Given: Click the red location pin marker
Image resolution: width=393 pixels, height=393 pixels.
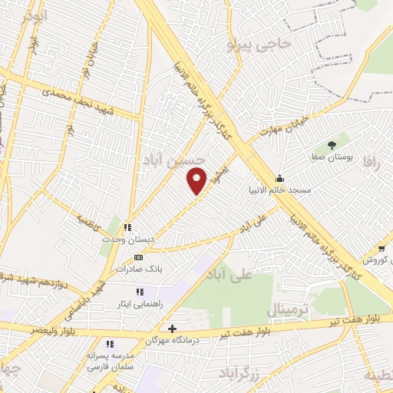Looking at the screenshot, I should pyautogui.click(x=197, y=180).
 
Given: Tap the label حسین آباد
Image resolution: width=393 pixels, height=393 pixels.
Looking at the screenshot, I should pyautogui.click(x=173, y=159).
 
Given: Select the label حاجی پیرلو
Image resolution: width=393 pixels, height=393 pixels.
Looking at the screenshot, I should pyautogui.click(x=260, y=45).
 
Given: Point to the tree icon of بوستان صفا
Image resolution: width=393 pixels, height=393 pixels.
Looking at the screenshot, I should pyautogui.click(x=332, y=144).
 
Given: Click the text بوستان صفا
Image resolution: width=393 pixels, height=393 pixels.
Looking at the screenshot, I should pyautogui.click(x=332, y=157).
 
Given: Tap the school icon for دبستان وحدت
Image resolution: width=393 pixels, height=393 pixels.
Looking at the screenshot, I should pyautogui.click(x=127, y=227).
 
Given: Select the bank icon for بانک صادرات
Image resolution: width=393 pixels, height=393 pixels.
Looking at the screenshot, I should pyautogui.click(x=138, y=258).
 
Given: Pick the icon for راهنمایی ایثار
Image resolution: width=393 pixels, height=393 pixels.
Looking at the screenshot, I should pyautogui.click(x=140, y=292).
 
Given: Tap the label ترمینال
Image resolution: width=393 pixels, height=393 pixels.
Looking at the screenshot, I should pyautogui.click(x=288, y=311).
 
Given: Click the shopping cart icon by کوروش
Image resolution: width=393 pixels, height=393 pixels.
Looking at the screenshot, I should pyautogui.click(x=381, y=248).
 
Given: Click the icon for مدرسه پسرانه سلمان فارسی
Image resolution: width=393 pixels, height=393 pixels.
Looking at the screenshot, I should pyautogui.click(x=110, y=345).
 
